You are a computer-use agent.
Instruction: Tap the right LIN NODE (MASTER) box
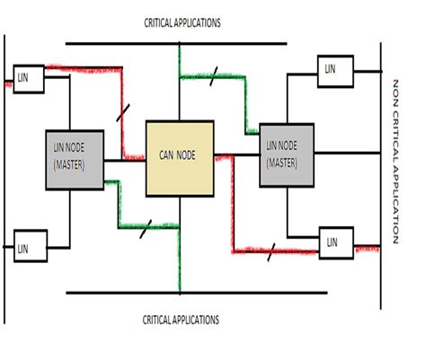pos(288,154)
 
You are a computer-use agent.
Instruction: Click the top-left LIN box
pos(25,77)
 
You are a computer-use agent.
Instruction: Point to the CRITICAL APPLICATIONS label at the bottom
pos(182,320)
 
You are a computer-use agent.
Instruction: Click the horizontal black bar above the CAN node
pos(175,42)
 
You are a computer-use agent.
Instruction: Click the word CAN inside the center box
pos(168,154)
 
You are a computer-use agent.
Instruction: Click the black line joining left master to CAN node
pos(123,162)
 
